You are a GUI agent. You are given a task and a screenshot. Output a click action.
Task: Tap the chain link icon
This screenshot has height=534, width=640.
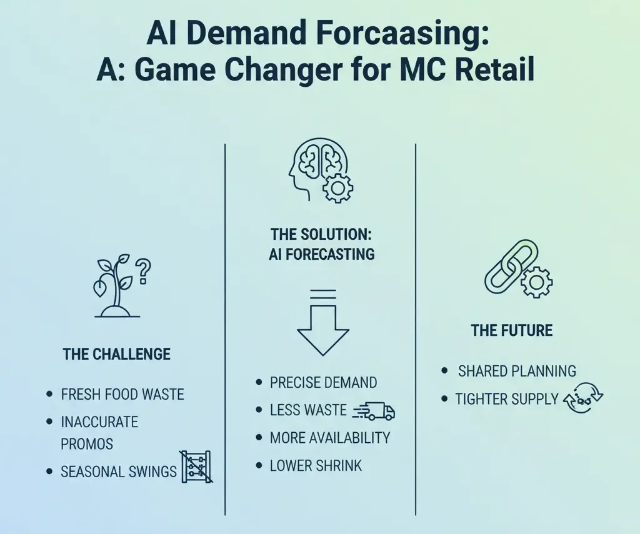tap(511, 266)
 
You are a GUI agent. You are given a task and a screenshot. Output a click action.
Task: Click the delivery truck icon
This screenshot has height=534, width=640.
tap(375, 410)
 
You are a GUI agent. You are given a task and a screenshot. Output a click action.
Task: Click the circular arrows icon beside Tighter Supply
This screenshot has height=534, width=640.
tap(583, 399)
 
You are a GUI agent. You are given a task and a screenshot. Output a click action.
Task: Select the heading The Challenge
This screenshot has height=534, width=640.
tap(116, 355)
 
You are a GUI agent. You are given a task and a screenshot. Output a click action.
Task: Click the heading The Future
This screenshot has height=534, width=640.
tap(511, 330)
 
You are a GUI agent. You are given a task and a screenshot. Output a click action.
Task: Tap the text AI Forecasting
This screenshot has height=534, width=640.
tap(322, 254)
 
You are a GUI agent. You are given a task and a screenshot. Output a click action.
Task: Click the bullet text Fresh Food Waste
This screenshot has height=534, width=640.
tap(122, 395)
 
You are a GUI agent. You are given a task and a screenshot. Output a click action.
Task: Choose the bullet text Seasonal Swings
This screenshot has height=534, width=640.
tap(119, 472)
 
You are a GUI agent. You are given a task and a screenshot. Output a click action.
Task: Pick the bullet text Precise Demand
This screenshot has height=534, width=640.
tap(323, 382)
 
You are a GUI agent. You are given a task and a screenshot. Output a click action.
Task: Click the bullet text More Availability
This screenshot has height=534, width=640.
tap(330, 438)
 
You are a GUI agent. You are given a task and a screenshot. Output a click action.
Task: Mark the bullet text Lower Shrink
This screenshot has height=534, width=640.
tap(316, 465)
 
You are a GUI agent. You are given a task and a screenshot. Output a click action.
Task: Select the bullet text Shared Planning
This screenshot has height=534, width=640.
tap(517, 371)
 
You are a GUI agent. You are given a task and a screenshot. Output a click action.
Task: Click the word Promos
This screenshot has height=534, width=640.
tap(87, 444)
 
